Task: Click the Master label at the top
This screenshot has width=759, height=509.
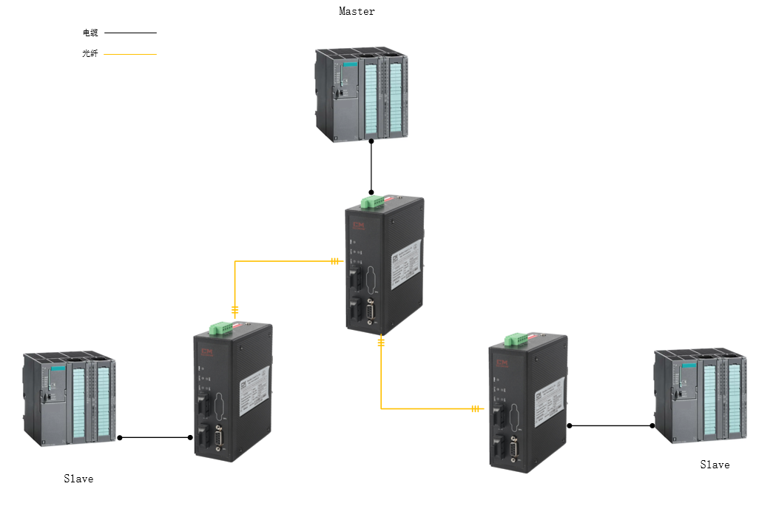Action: [x=357, y=11]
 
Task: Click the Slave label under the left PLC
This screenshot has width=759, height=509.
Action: [x=78, y=479]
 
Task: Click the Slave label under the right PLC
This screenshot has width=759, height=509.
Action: [x=715, y=465]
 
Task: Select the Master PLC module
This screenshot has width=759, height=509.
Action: [x=361, y=95]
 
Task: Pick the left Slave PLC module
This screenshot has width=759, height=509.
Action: [x=70, y=400]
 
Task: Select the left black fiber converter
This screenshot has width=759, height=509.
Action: [x=232, y=392]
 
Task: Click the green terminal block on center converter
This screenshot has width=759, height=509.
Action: [x=374, y=201]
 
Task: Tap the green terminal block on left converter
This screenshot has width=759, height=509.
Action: [x=220, y=327]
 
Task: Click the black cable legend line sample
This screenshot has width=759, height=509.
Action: [x=130, y=33]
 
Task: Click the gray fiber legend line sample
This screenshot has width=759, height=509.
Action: [x=130, y=54]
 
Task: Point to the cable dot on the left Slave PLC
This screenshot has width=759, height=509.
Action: [x=120, y=437]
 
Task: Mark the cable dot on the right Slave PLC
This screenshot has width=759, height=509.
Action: [x=652, y=425]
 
